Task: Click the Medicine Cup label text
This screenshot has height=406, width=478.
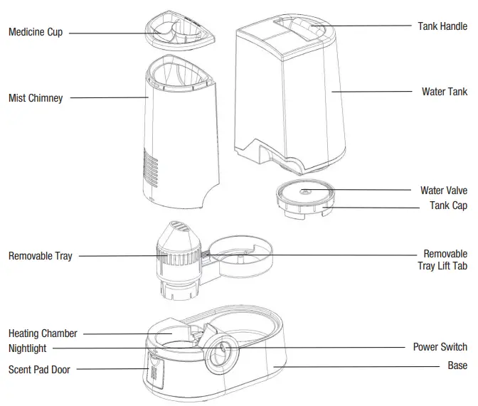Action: pyautogui.click(x=36, y=32)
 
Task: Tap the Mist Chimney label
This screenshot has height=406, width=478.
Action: pyautogui.click(x=36, y=98)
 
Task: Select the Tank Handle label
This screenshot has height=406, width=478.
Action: pyautogui.click(x=442, y=26)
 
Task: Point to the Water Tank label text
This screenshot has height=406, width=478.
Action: pyautogui.click(x=445, y=92)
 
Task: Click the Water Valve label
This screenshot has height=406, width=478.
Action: pyautogui.click(x=444, y=191)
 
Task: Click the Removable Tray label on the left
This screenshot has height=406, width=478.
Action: pyautogui.click(x=40, y=256)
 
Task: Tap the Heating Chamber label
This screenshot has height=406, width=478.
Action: pyautogui.click(x=43, y=333)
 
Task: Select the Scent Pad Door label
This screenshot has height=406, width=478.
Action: pyautogui.click(x=39, y=369)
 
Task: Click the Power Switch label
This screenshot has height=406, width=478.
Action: pyautogui.click(x=440, y=348)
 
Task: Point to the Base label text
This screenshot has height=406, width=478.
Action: pyautogui.click(x=457, y=365)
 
